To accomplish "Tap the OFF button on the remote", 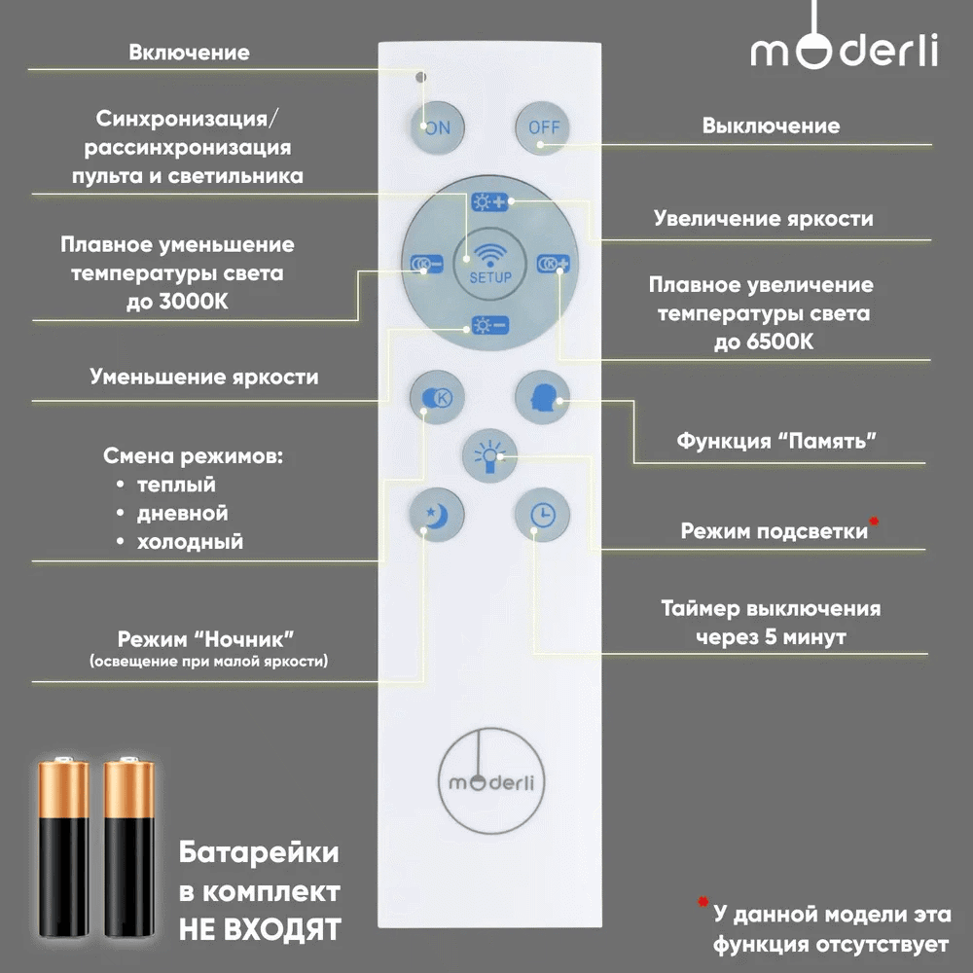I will [x=543, y=127].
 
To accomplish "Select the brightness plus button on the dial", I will [x=490, y=202].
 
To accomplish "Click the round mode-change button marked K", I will [x=437, y=397].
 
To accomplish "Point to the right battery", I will [x=128, y=851].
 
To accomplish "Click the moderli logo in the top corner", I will [x=844, y=49].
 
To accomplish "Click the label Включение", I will [x=189, y=53].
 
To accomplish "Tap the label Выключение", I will [x=771, y=126].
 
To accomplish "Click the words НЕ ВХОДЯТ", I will [x=260, y=928].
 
